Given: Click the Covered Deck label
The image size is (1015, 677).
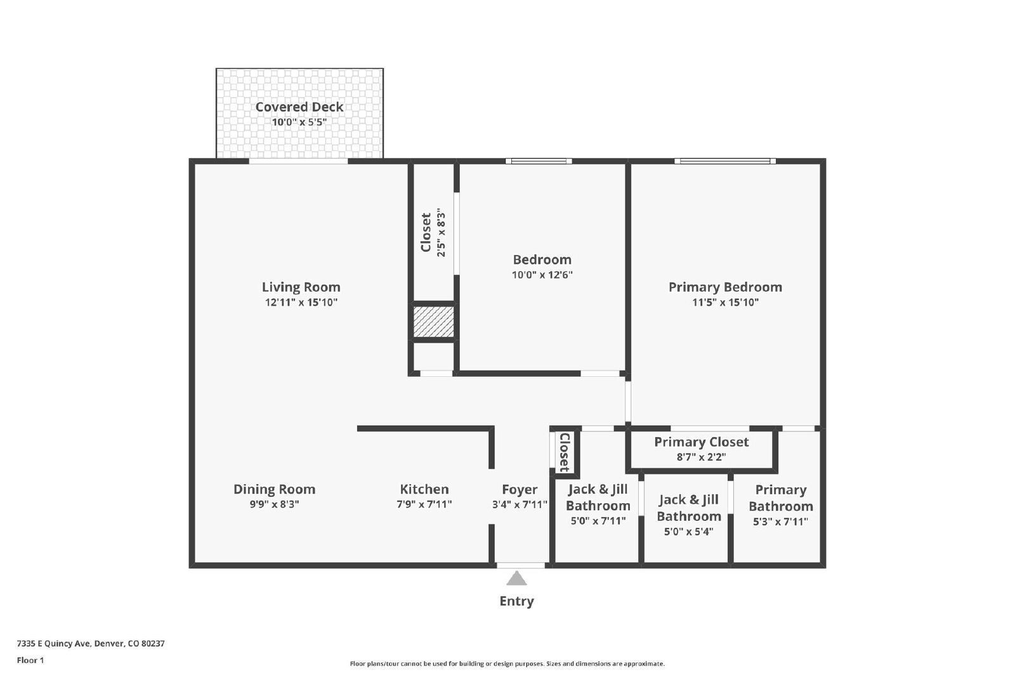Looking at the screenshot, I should tap(299, 107).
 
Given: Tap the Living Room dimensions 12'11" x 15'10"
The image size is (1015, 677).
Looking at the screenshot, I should tap(301, 303).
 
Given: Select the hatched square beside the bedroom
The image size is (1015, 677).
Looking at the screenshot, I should tap(434, 322).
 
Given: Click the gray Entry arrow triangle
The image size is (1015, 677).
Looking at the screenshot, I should tap(516, 579).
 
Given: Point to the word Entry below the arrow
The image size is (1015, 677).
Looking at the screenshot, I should tap(516, 601).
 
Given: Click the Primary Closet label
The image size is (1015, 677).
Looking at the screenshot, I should tap(701, 442).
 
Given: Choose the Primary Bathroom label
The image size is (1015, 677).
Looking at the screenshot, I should tap(780, 498).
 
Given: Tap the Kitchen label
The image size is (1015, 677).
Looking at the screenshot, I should tap(424, 489).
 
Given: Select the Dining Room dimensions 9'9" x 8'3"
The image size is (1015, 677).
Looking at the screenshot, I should tap(274, 505).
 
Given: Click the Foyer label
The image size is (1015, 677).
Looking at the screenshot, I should tap(519, 489).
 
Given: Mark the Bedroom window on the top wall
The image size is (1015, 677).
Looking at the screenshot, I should tap(539, 161).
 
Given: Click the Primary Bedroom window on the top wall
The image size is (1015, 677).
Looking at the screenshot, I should tap(724, 161).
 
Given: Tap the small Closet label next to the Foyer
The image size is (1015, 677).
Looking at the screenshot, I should tap(564, 452).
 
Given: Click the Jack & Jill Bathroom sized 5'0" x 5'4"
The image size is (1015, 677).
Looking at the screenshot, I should tap(688, 515).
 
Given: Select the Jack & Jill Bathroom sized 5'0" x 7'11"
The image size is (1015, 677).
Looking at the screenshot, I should tap(598, 504).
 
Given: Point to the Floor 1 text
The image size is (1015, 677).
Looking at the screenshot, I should tap(30, 661).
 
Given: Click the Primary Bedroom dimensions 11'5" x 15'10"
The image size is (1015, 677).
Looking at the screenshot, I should tap(725, 303).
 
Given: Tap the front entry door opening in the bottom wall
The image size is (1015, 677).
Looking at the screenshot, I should tap(520, 565).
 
